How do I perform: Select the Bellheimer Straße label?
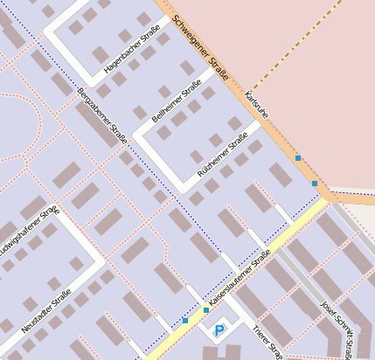coord(177,103)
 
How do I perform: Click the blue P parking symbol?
coord(219,329)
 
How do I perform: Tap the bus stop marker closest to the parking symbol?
coord(206,310)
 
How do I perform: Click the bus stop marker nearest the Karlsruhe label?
coord(298,158)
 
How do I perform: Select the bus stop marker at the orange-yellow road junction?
coord(315,183)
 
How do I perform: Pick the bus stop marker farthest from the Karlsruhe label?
coord(185,321)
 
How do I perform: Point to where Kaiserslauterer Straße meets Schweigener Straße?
coord(325,198)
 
